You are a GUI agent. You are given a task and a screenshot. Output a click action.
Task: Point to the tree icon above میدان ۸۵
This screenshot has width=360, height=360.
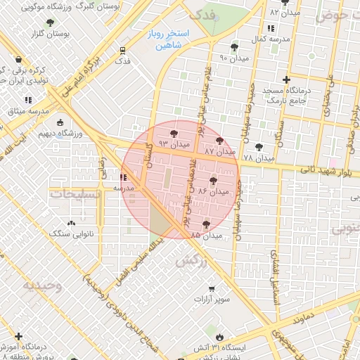(206, 224)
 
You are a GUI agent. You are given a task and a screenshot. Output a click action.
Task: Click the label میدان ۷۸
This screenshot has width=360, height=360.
(257, 159)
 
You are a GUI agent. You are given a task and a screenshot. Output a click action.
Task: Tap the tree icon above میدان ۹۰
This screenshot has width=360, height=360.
(234, 48)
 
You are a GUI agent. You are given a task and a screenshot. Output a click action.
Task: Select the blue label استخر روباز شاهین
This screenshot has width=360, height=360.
(165, 39)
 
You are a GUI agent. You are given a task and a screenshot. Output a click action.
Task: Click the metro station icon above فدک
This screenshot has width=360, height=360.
(123, 50)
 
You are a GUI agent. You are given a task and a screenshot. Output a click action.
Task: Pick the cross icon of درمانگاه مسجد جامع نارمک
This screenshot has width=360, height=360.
(285, 80)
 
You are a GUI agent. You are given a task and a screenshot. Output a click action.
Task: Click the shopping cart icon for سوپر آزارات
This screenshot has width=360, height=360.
(211, 288)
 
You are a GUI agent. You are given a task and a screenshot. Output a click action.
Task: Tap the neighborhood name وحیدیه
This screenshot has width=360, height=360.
(42, 285)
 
